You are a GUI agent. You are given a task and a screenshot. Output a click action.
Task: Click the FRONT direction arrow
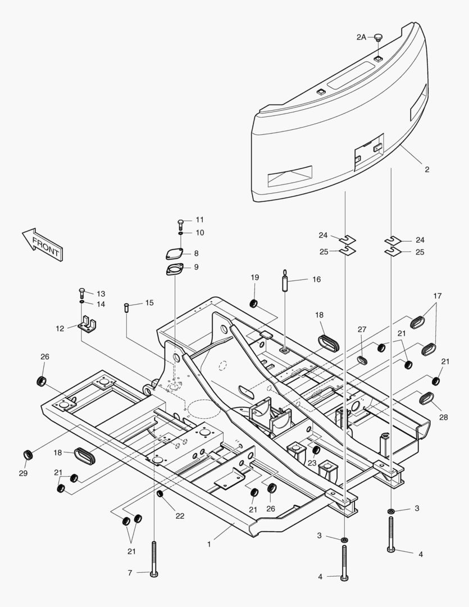pyautogui.click(x=43, y=244)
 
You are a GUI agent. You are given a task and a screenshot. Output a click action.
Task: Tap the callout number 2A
pyautogui.click(x=361, y=37)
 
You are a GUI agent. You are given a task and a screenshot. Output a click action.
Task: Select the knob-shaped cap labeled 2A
pyautogui.click(x=378, y=38)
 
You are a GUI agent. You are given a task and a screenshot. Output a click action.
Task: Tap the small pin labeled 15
pyautogui.click(x=127, y=308)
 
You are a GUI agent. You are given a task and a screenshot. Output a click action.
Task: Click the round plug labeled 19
pyautogui.click(x=254, y=304)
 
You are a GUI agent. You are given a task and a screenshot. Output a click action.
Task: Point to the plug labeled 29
pyautogui.click(x=26, y=454)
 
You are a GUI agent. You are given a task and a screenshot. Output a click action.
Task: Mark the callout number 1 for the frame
pyautogui.click(x=209, y=543)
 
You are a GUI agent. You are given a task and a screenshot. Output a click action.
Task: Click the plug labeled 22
pyautogui.click(x=160, y=493)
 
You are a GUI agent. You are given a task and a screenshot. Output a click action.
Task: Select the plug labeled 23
pyautogui.click(x=316, y=450)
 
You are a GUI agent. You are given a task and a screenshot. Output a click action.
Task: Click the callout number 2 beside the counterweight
pyautogui.click(x=427, y=169)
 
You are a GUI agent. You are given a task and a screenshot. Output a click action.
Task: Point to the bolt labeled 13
pyautogui.click(x=82, y=293)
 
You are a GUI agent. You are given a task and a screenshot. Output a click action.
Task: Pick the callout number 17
pyautogui.click(x=438, y=296)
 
